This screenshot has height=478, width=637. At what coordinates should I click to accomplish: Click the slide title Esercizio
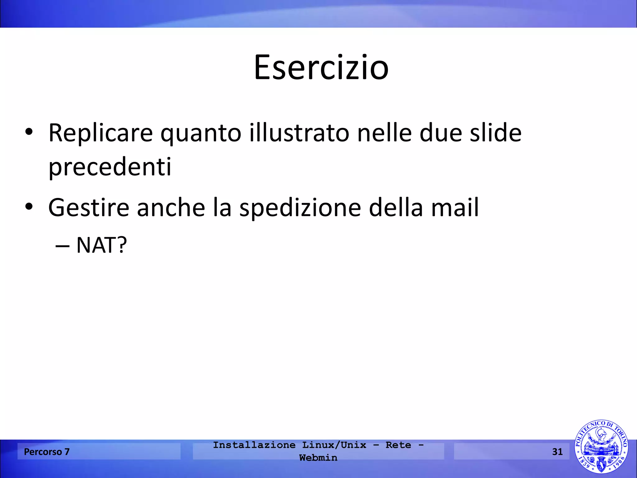coord(321,68)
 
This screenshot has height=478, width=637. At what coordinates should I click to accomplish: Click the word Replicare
coord(100,133)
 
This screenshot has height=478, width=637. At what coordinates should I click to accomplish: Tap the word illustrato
coord(299,133)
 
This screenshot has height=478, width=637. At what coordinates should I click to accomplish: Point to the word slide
coord(495,133)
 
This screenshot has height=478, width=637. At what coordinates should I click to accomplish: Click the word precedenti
coord(110,167)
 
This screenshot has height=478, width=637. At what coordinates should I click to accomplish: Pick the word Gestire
coord(89,208)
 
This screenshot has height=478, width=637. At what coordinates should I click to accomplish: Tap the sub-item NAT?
coord(101,246)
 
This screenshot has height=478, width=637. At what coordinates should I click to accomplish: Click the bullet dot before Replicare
coord(29,132)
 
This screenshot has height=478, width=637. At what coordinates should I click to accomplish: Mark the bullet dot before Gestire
coord(29,206)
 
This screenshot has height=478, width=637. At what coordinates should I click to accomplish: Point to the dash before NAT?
coord(62,246)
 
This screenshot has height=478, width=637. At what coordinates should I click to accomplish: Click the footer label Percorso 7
coord(47,452)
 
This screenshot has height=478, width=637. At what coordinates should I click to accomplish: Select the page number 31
coord(557,452)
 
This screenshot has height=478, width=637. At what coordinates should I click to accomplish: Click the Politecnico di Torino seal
coord(601,447)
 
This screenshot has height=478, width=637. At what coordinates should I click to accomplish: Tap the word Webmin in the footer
coord(318,458)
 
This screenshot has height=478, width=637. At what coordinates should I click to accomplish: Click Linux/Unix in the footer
coord(334,445)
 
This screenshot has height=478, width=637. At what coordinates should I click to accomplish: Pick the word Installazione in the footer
coord(254,445)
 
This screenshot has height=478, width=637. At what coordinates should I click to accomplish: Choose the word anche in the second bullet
coord(171,208)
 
